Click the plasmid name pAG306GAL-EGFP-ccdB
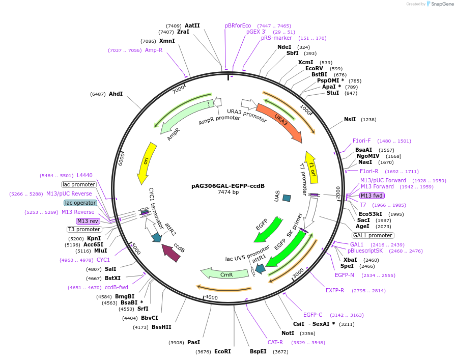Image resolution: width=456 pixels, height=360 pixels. tap(228, 186)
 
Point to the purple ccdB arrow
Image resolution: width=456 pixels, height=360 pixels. tap(172, 253)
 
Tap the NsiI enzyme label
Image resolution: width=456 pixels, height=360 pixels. tap(350, 120)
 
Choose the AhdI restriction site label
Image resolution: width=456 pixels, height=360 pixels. tap(116, 94)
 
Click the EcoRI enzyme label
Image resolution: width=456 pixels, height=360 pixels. tap(222, 351)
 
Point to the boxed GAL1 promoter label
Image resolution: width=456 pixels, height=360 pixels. tap(373, 235)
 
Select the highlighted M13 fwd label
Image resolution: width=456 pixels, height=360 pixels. tap(372, 196)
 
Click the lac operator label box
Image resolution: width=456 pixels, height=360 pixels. tap(80, 203)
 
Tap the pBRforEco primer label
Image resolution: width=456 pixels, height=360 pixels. tap(238, 25)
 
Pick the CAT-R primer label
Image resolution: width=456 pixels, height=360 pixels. tap(275, 342)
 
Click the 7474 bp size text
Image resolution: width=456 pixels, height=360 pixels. tap(228, 192)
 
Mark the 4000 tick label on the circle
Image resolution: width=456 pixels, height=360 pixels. tap(211, 297)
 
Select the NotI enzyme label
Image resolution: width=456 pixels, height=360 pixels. tap(288, 333)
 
